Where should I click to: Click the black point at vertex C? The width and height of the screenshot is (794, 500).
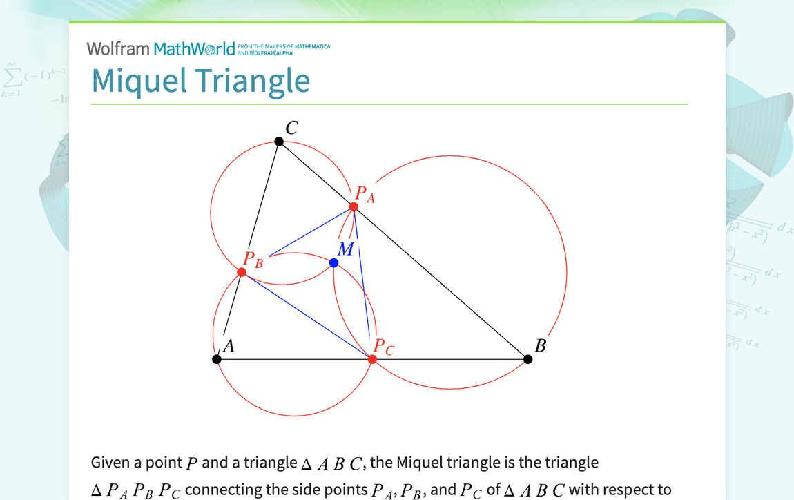(279, 142)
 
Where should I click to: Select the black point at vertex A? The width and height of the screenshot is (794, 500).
(217, 359)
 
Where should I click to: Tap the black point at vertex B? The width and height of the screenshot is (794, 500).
(528, 359)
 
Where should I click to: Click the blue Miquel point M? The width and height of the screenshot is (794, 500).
(334, 263)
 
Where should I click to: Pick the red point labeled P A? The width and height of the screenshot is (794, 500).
(354, 207)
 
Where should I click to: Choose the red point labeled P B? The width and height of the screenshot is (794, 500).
(242, 273)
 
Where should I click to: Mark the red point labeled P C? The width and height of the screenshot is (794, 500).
(372, 359)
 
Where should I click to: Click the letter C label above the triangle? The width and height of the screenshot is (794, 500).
(292, 128)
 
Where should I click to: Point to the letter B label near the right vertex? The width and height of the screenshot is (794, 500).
(541, 345)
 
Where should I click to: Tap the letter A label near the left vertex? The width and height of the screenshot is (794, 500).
(229, 346)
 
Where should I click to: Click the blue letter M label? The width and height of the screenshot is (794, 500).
(345, 249)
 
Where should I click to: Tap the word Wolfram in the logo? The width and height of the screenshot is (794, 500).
(118, 48)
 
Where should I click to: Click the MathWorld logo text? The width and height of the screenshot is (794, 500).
(195, 49)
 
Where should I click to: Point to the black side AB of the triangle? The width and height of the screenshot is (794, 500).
(449, 359)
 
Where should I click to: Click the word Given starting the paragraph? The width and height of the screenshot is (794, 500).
(110, 463)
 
